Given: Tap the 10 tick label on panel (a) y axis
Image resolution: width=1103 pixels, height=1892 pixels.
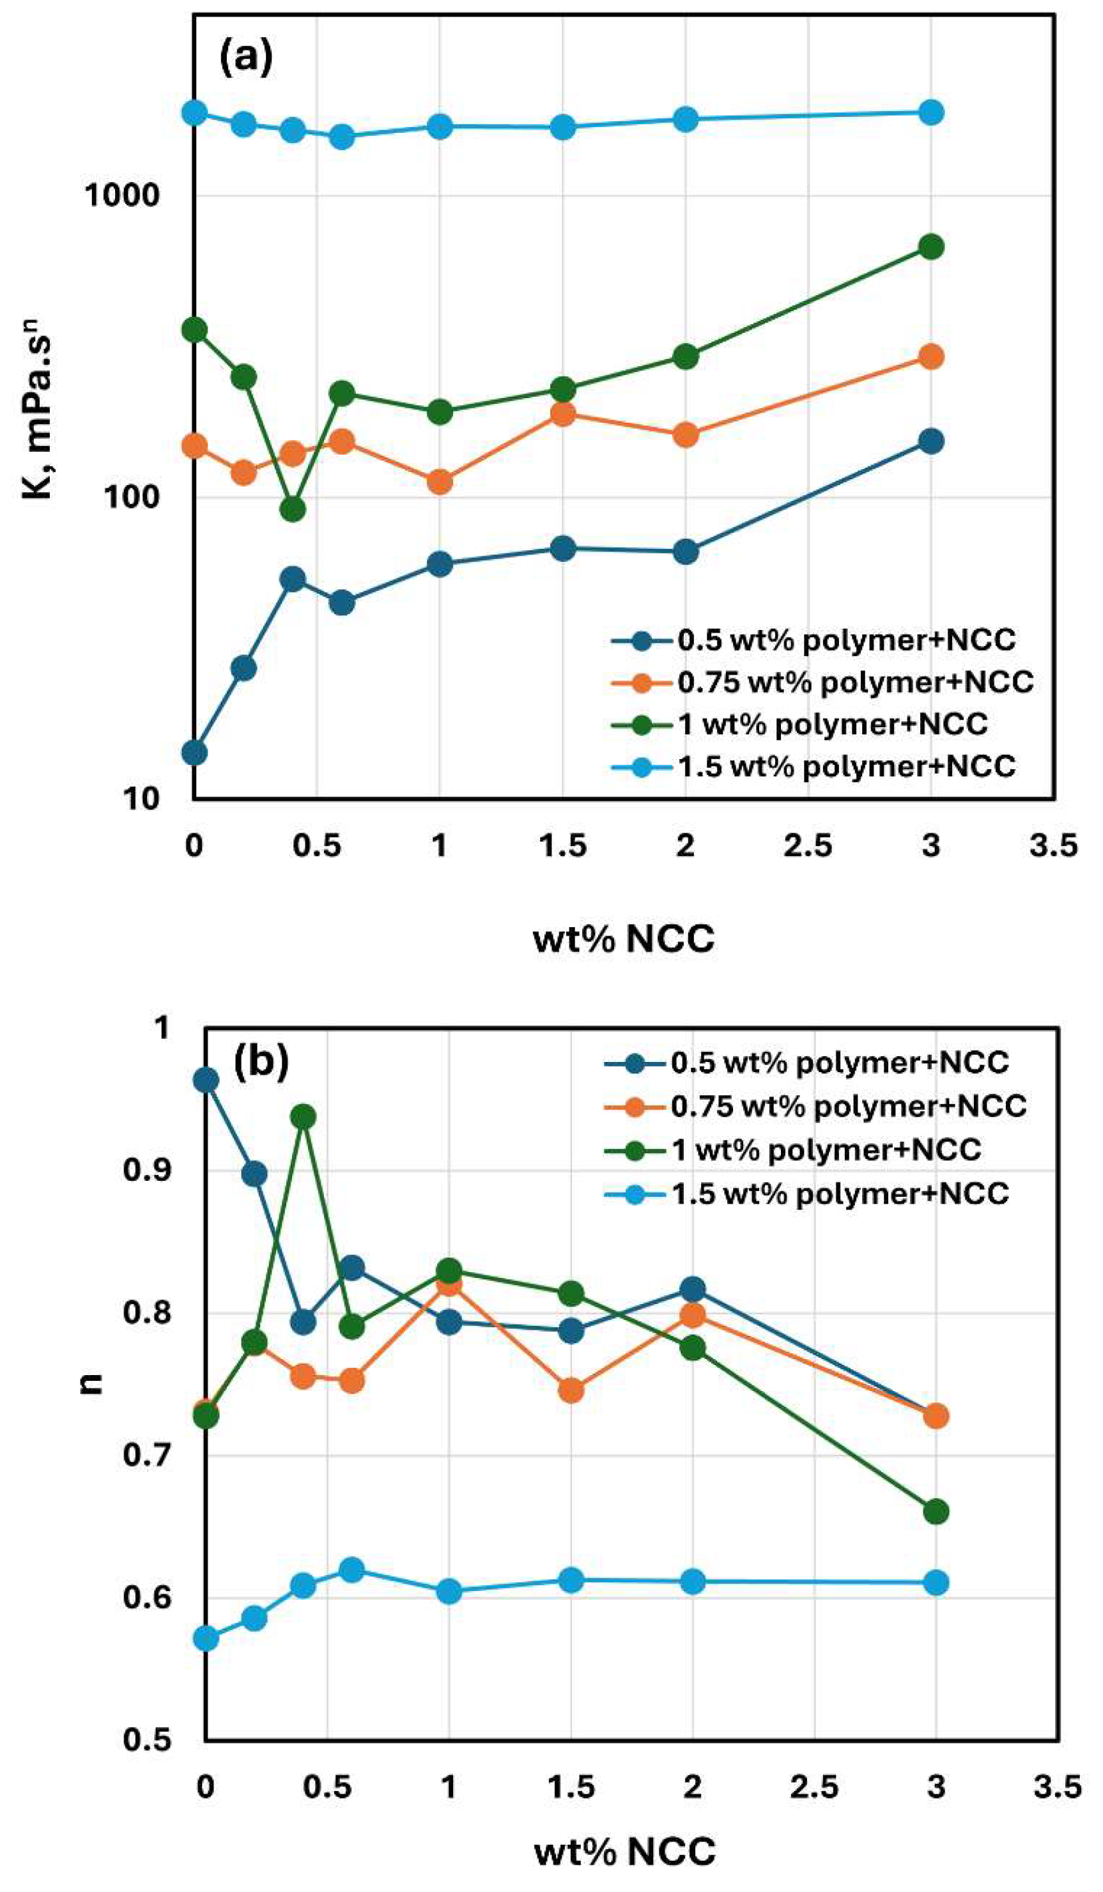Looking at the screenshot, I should point(140,799).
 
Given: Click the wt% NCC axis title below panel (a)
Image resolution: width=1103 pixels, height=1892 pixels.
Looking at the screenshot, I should point(623,939).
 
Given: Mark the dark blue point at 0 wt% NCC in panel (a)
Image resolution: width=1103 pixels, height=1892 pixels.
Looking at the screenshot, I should point(194,752).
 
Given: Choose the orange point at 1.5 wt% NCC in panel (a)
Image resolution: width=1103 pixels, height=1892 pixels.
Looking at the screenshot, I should point(562,413).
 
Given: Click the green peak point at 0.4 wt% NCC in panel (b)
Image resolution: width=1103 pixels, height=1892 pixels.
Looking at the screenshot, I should point(303,1116).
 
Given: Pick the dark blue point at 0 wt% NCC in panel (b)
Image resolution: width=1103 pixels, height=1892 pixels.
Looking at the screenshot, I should point(206,1081).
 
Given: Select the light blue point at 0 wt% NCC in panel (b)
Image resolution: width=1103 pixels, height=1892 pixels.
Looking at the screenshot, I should point(206,1638).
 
